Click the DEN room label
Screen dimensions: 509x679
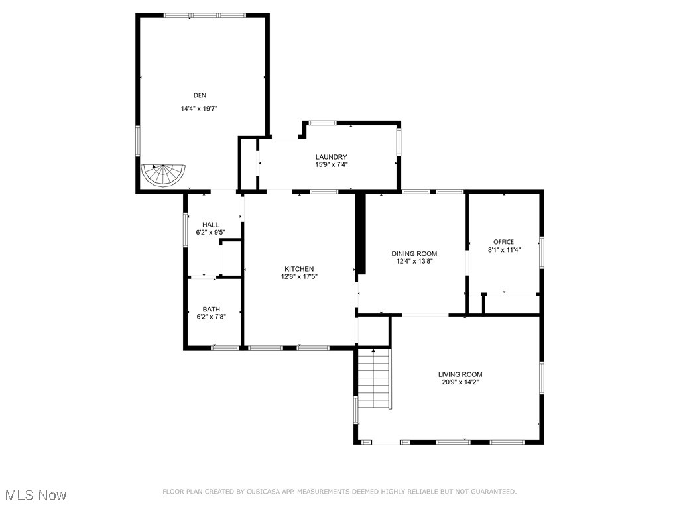200,95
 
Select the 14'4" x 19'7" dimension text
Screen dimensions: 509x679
200,109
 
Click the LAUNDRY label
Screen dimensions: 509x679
331,157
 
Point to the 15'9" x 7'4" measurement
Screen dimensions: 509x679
331,164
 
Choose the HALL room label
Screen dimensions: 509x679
210,225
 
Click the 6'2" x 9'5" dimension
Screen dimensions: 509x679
210,233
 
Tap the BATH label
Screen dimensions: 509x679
212,310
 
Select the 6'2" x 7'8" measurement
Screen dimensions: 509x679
212,317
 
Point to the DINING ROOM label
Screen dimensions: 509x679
414,254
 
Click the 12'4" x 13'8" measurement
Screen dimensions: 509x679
414,262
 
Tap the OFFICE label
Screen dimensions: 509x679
503,242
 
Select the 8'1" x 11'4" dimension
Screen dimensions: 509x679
503,250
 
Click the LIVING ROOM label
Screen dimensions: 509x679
460,374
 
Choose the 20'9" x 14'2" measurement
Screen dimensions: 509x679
460,382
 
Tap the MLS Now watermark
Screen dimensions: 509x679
36,495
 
